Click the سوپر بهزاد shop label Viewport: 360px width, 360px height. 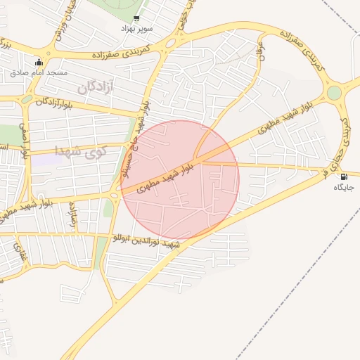(137, 29)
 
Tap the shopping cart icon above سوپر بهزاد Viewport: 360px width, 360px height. (136, 18)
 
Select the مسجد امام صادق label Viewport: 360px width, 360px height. (39, 72)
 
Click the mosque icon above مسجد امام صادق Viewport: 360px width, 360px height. (38, 62)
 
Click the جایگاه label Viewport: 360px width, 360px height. (343, 188)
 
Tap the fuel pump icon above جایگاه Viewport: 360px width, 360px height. (343, 177)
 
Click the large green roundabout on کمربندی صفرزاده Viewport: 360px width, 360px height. (334, 92)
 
